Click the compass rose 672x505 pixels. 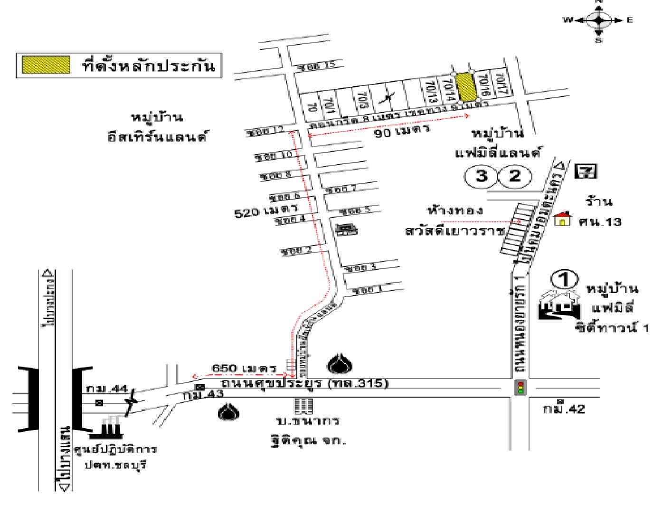[x=599, y=20]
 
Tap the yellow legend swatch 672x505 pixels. [x=46, y=65]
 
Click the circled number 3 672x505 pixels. [x=481, y=176]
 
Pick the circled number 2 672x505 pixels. [x=514, y=176]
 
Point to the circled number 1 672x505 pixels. [x=565, y=279]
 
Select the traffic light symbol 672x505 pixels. [x=521, y=387]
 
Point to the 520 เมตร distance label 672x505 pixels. [x=265, y=210]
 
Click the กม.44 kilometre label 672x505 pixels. [x=107, y=389]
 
